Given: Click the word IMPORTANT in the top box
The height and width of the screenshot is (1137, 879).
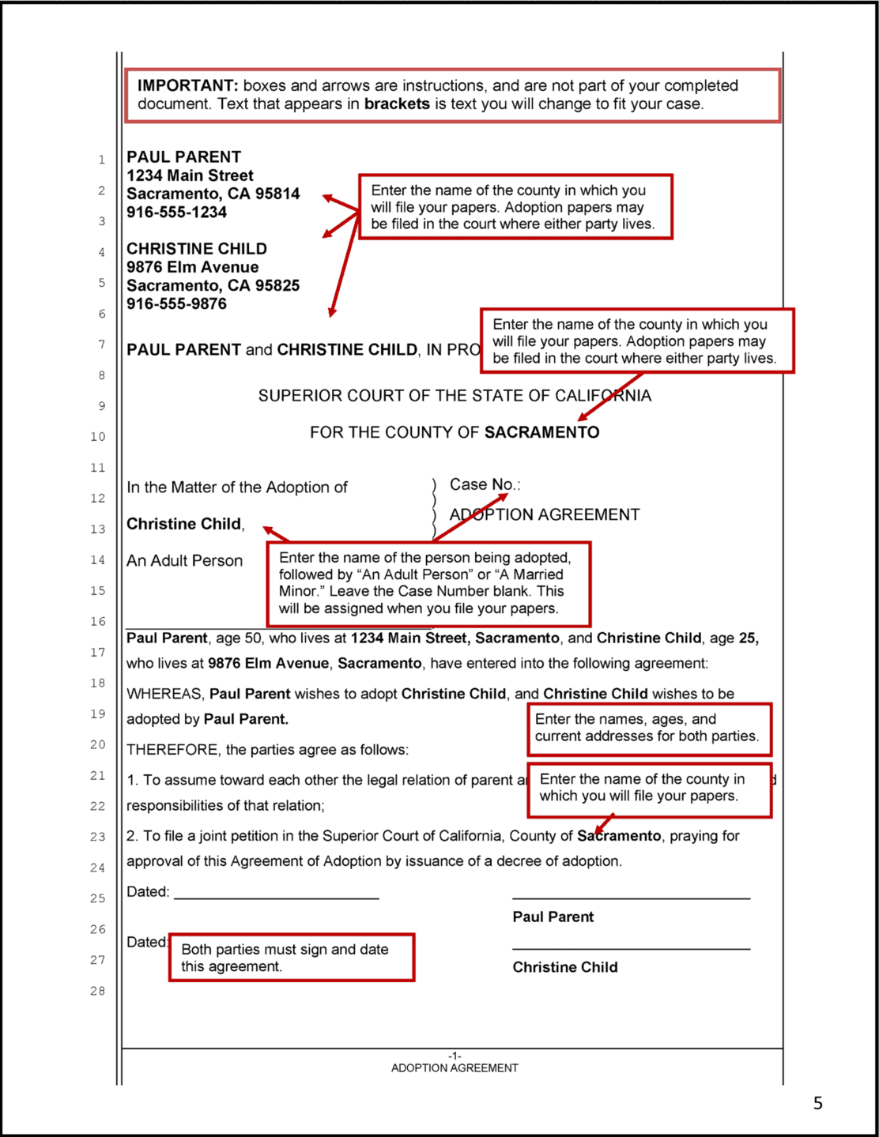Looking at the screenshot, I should (187, 85).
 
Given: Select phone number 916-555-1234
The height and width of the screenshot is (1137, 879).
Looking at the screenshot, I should (176, 213).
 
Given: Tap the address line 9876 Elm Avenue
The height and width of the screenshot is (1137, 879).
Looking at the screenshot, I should (192, 267).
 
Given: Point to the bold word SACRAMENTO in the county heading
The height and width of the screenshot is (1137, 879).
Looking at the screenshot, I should (541, 432).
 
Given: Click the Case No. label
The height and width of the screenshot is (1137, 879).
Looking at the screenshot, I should (484, 484).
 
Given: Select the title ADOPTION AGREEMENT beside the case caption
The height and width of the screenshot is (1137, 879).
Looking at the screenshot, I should (545, 515).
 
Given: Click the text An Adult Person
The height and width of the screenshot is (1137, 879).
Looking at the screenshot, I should (184, 561).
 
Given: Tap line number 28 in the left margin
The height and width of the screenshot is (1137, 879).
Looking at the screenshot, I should (97, 991).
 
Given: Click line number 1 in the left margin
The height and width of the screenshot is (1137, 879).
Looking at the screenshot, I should (101, 160).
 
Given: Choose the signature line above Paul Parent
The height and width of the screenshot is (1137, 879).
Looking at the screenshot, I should (631, 898).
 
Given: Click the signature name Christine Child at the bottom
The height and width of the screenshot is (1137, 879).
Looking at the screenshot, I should (565, 967).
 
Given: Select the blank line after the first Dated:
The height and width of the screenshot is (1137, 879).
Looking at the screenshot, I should (276, 898).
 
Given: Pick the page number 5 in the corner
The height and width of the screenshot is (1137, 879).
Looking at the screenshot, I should (818, 1103).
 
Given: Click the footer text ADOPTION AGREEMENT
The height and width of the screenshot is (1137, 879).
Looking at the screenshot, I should (455, 1068).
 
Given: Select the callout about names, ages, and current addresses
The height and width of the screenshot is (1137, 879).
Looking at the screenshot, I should (648, 728).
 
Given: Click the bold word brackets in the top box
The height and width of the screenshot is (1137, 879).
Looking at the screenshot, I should (397, 104).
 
